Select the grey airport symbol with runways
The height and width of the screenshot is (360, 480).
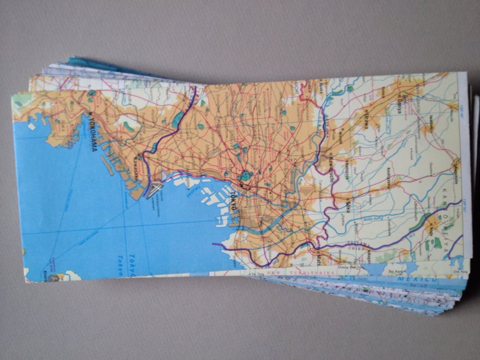pyautogui.click(x=155, y=189)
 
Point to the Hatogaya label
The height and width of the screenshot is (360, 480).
pyautogui.click(x=347, y=168)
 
